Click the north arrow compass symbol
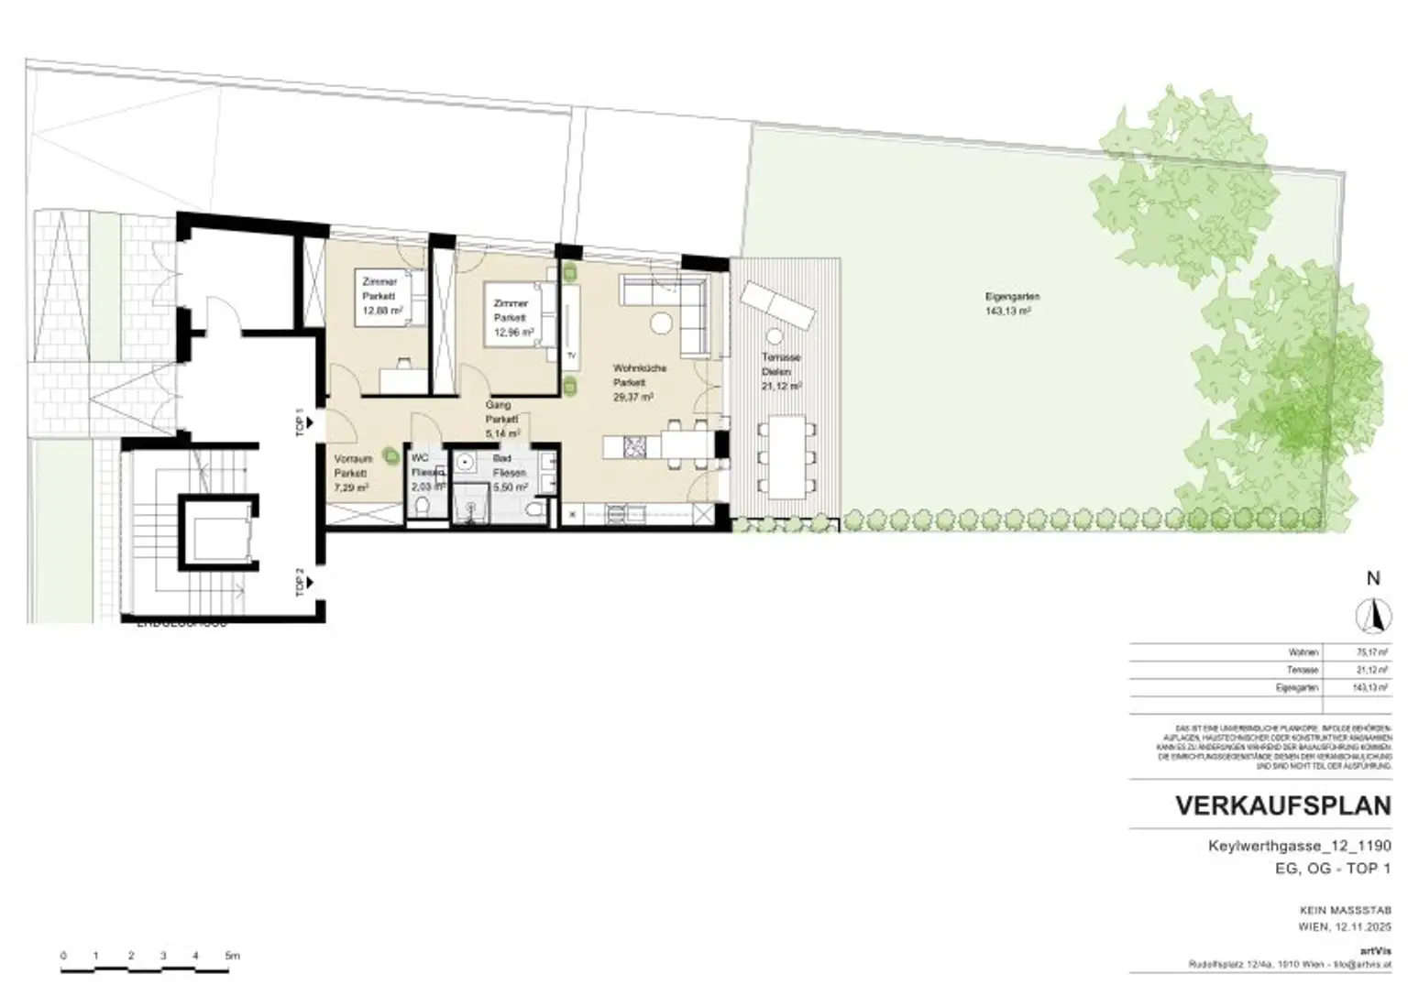[x=1372, y=615]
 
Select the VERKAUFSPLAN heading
[x=1282, y=806]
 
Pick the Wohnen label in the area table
[x=1303, y=652]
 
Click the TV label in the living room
[x=571, y=356]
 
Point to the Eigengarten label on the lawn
[x=1012, y=297]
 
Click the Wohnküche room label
[x=639, y=368]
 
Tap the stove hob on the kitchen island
[x=634, y=447]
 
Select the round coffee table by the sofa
[x=662, y=323]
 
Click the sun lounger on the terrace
[x=776, y=305]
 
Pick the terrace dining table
[x=786, y=456]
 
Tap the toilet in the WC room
[x=423, y=506]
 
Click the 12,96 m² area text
[x=513, y=333]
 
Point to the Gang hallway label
[x=498, y=404]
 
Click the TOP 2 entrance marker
[x=301, y=582]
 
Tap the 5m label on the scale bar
[x=232, y=956]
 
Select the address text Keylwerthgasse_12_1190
[x=1299, y=847]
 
